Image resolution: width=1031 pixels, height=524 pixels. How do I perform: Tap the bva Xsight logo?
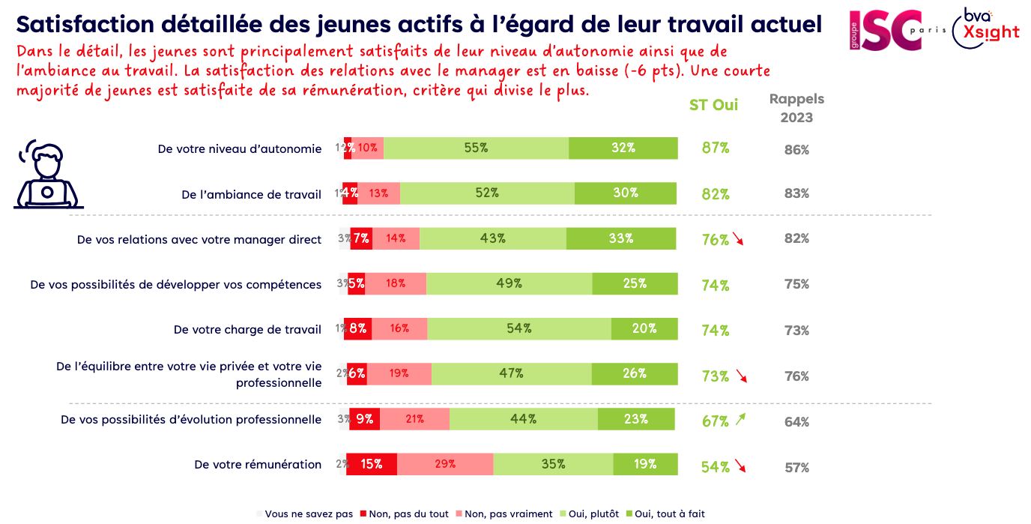986,29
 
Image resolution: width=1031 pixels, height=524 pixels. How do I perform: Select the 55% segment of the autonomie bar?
476,148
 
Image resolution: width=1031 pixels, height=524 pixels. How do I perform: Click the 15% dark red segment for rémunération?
372,465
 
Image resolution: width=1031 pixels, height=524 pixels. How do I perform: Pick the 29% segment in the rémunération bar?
445,465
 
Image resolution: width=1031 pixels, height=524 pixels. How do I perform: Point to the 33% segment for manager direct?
622,239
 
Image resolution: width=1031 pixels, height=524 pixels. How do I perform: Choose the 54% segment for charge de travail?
519,329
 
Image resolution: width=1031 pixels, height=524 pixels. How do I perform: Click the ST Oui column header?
713,105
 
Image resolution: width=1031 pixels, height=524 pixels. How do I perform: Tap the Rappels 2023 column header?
796,108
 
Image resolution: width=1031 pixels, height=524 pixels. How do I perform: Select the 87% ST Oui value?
715,148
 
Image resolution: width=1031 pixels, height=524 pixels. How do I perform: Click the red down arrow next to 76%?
739,240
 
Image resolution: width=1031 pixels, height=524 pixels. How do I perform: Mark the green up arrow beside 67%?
740,420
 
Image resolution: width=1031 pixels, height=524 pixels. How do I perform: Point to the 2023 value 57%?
796,468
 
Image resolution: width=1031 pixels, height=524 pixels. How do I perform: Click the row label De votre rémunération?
258,465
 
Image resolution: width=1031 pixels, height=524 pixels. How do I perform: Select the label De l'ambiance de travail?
251,195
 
